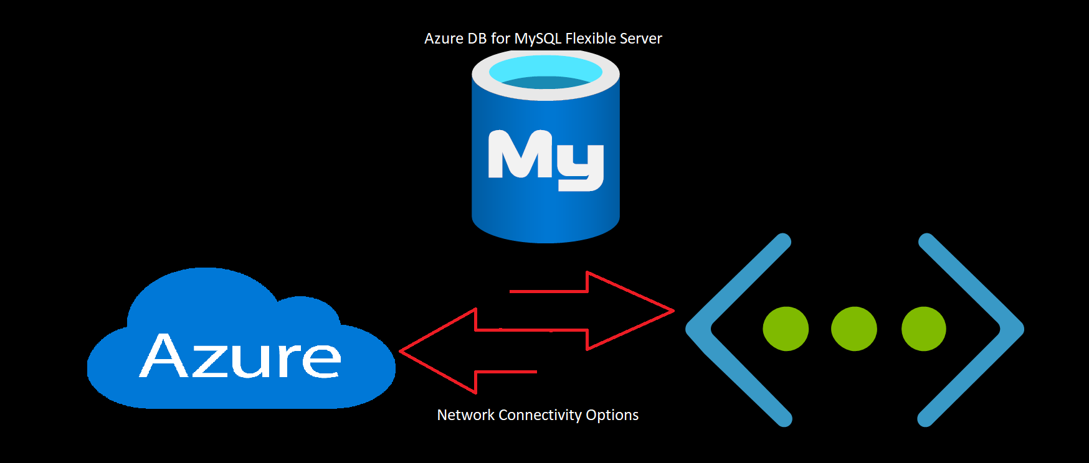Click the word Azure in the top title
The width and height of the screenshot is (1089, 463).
tap(444, 39)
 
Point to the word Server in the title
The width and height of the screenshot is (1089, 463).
tap(641, 39)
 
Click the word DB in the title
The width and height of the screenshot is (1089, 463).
tap(477, 39)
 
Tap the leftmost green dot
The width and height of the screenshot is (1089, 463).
tap(786, 329)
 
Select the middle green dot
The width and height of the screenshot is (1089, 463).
tap(854, 329)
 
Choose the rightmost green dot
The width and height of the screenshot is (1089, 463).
tap(923, 329)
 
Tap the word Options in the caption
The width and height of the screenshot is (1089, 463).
tap(612, 415)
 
